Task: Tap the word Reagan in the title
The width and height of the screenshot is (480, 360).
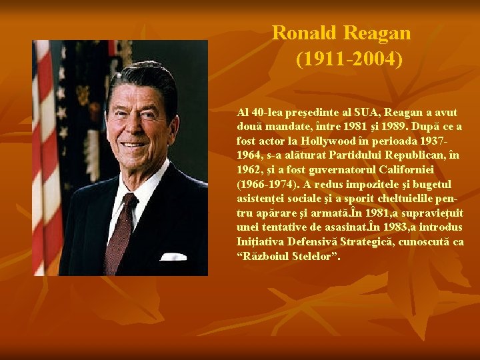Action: [x=377, y=33]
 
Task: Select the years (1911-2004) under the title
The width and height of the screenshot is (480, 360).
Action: [x=349, y=59]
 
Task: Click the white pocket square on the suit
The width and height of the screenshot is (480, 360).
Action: [x=173, y=257]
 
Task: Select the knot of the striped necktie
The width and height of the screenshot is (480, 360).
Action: [x=129, y=201]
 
